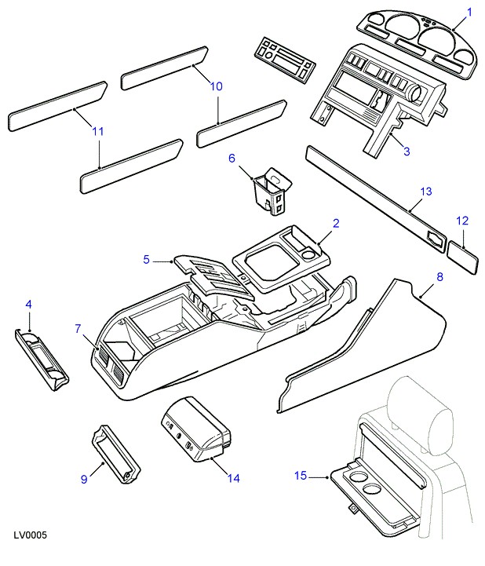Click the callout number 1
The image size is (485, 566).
(470, 12)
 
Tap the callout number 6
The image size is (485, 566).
(232, 158)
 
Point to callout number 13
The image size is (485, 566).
(425, 192)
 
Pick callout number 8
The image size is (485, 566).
(439, 277)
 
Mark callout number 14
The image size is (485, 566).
(233, 477)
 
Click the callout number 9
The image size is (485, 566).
(85, 479)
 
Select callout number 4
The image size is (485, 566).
(29, 305)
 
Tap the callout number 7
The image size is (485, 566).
(77, 329)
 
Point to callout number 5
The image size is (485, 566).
(147, 259)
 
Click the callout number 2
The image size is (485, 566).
(335, 224)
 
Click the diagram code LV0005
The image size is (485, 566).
(31, 535)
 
